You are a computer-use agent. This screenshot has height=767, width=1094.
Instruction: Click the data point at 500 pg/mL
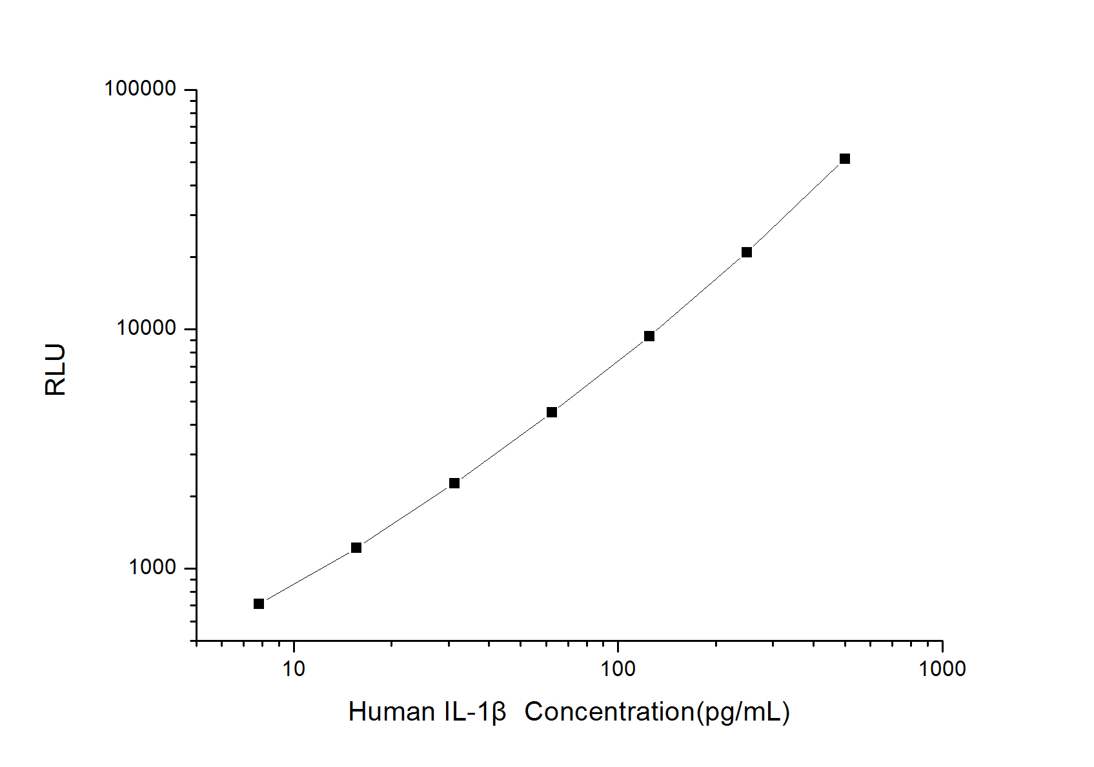(844, 159)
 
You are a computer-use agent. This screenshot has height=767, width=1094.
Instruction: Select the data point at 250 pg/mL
(747, 252)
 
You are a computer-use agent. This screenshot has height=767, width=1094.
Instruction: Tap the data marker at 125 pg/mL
(649, 336)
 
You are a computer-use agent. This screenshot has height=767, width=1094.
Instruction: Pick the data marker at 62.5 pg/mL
(552, 412)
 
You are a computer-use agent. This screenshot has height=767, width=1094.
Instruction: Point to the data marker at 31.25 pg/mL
(454, 483)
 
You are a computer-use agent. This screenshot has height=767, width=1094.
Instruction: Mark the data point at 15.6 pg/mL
(356, 548)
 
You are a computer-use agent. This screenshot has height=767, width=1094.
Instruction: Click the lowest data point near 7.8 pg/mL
(259, 604)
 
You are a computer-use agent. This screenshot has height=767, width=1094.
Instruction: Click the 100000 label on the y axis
(140, 88)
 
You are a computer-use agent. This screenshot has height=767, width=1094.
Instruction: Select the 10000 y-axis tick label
(146, 328)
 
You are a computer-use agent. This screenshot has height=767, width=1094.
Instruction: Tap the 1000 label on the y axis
(152, 567)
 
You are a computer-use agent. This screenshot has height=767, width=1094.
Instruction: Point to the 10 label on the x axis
(294, 668)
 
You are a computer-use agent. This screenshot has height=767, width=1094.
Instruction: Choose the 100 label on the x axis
(618, 668)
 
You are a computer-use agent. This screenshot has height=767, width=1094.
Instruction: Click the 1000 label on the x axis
(942, 668)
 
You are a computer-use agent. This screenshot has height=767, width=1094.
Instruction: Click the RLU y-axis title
(56, 370)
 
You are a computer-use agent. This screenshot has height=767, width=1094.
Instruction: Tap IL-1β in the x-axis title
(475, 712)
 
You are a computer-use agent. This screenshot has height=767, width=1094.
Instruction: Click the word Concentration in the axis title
(609, 712)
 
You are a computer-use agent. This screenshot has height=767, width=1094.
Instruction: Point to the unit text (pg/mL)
(743, 712)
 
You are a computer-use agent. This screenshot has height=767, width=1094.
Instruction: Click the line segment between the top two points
(796, 205)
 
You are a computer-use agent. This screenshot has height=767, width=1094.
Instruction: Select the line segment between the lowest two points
(308, 576)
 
